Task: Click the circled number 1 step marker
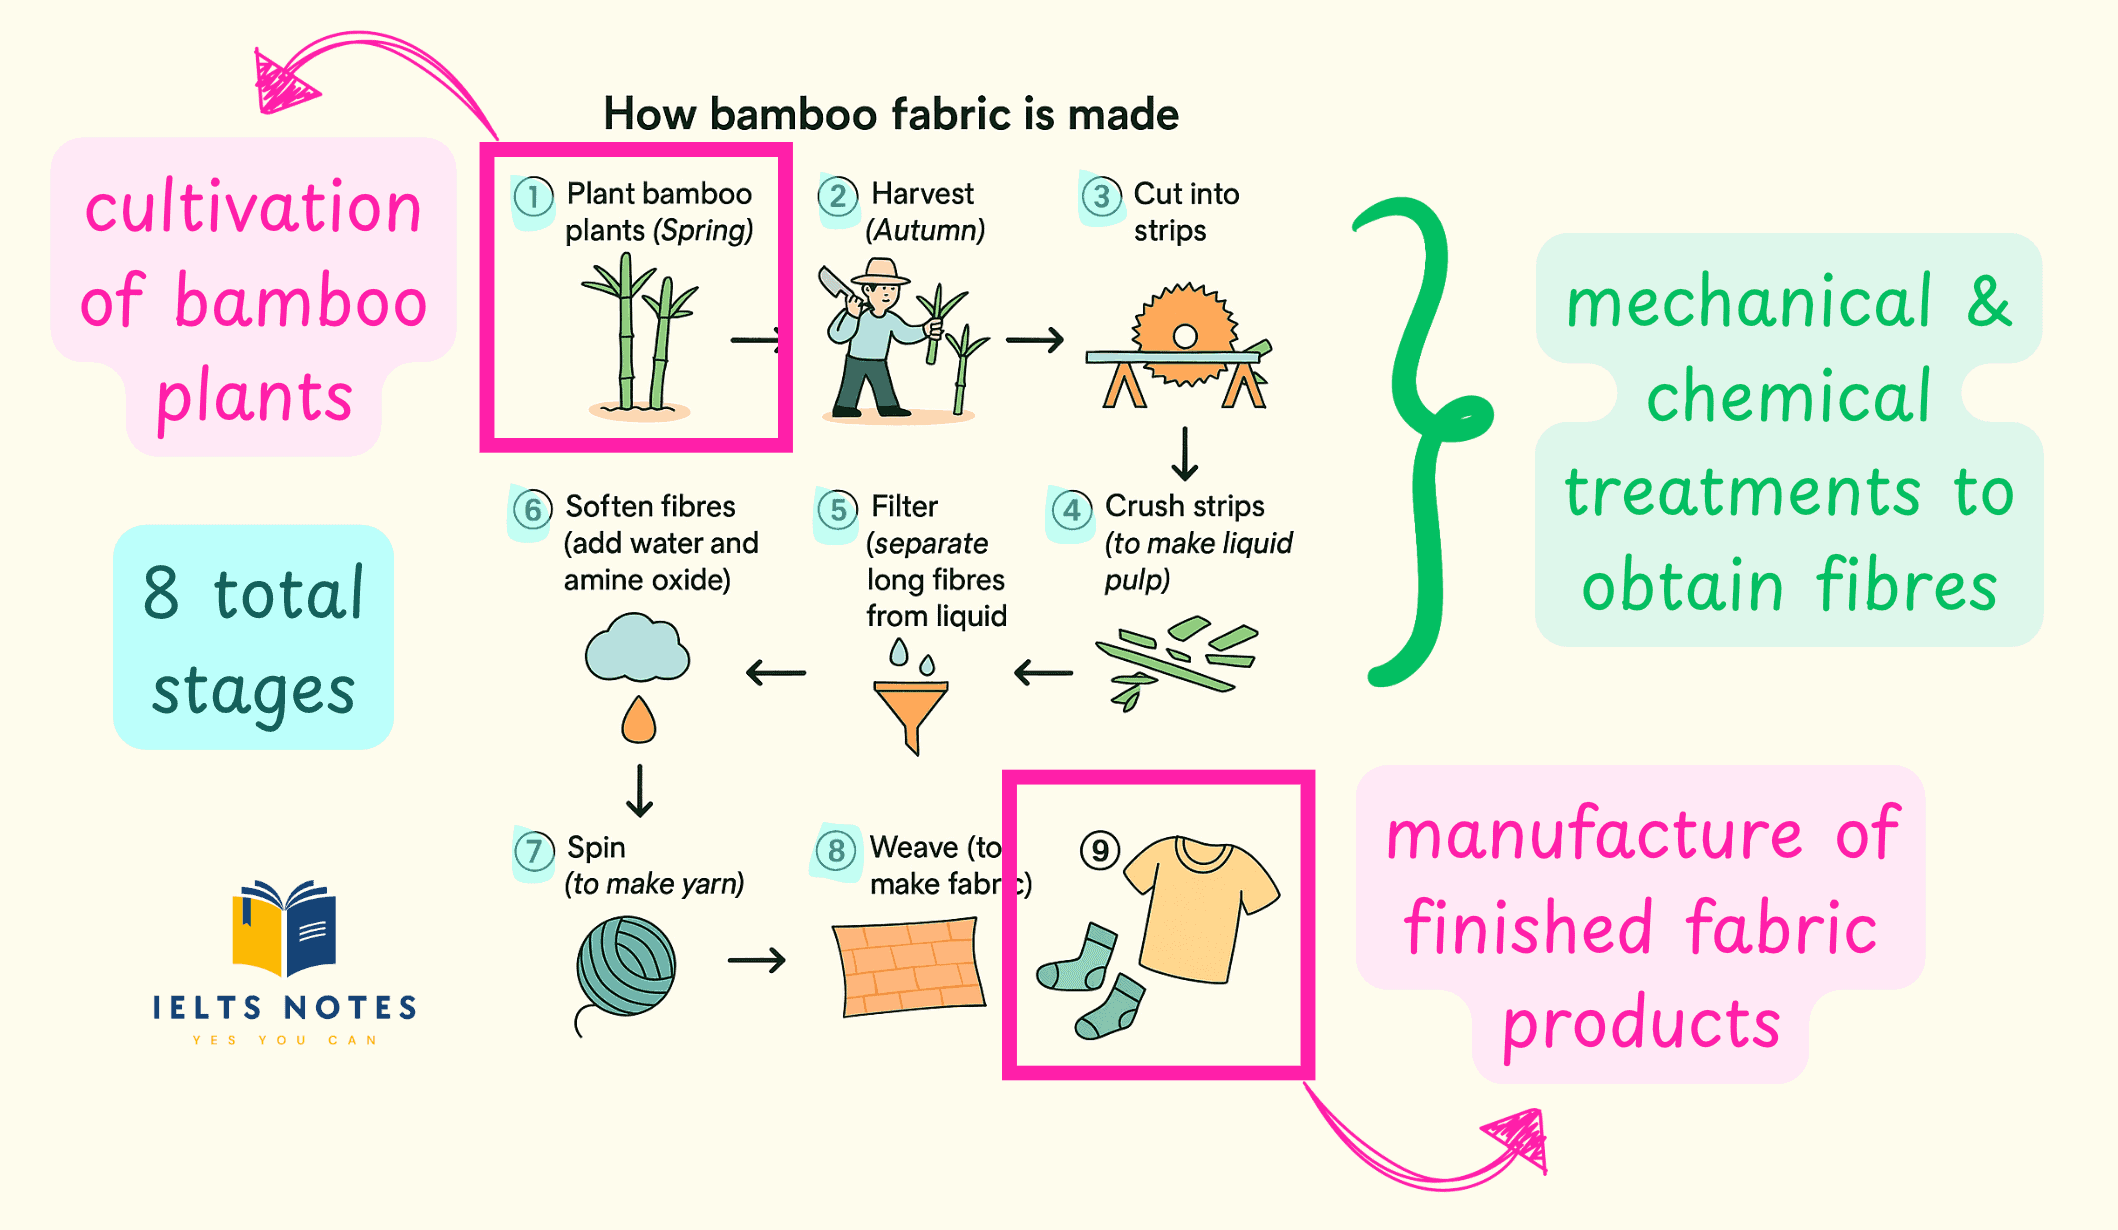tap(533, 197)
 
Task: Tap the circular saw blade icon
tap(1184, 335)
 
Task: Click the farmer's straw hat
tap(881, 272)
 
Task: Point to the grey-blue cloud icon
tap(637, 650)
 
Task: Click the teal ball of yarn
tap(627, 966)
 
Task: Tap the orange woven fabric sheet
tap(909, 967)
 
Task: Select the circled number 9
tap(1100, 851)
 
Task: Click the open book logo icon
tap(284, 927)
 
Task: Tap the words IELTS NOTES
tap(285, 1007)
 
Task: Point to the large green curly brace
tap(1420, 440)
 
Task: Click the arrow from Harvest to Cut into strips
tap(1035, 341)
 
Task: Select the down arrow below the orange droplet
tap(639, 791)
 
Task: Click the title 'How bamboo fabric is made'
tap(891, 114)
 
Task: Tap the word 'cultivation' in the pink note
tap(253, 208)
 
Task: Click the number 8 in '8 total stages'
tap(161, 593)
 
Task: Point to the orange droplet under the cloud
tap(638, 721)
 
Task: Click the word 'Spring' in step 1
tap(702, 231)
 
